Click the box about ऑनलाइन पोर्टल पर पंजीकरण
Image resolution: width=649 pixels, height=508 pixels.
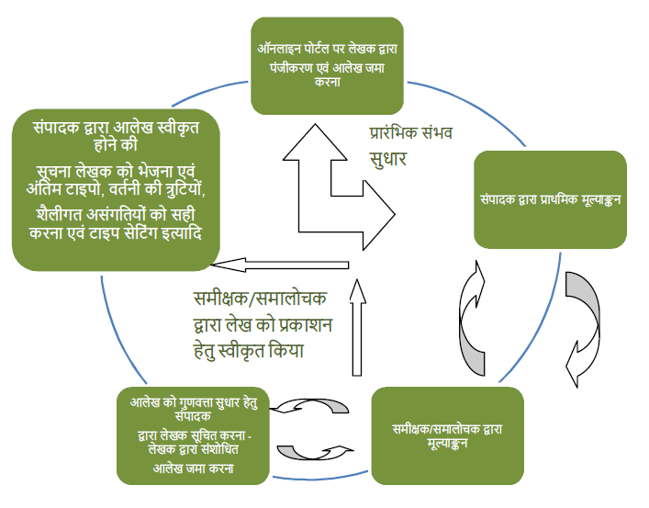coord(327,65)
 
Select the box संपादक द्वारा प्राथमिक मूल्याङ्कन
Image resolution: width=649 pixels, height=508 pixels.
coord(550,199)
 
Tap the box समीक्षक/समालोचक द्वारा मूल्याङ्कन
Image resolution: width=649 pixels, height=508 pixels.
coord(447,435)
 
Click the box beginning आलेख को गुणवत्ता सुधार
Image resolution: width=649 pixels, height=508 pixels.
coord(193,435)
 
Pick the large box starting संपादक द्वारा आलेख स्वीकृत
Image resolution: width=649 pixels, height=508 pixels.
coord(116,190)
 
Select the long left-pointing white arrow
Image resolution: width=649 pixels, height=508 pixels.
coord(280,265)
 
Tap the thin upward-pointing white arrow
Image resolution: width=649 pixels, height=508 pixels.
coord(357,327)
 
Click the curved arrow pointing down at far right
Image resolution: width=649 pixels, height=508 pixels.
coord(583,330)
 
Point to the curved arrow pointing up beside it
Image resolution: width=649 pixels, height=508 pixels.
coord(472,318)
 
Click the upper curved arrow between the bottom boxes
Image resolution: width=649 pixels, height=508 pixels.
coord(309,406)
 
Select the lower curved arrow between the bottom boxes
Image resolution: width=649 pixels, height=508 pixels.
coord(316,453)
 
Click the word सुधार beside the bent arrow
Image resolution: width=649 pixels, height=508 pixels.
coord(387,158)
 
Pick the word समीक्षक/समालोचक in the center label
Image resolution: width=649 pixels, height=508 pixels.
coord(260,298)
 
